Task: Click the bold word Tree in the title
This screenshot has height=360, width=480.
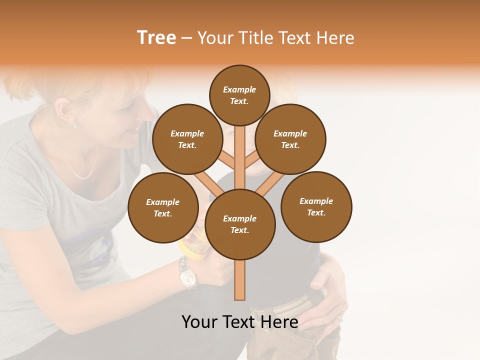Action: [156, 38]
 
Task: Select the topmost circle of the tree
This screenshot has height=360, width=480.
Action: [239, 95]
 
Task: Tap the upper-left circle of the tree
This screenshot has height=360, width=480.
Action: [187, 139]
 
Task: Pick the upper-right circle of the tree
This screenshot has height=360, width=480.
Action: [290, 139]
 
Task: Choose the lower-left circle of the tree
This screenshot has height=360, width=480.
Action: [163, 208]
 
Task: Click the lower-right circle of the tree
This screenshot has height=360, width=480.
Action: [316, 207]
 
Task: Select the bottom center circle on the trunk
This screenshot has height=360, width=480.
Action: [240, 224]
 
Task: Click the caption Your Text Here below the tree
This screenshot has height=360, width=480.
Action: [239, 322]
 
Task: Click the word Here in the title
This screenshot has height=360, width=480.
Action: [335, 38]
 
